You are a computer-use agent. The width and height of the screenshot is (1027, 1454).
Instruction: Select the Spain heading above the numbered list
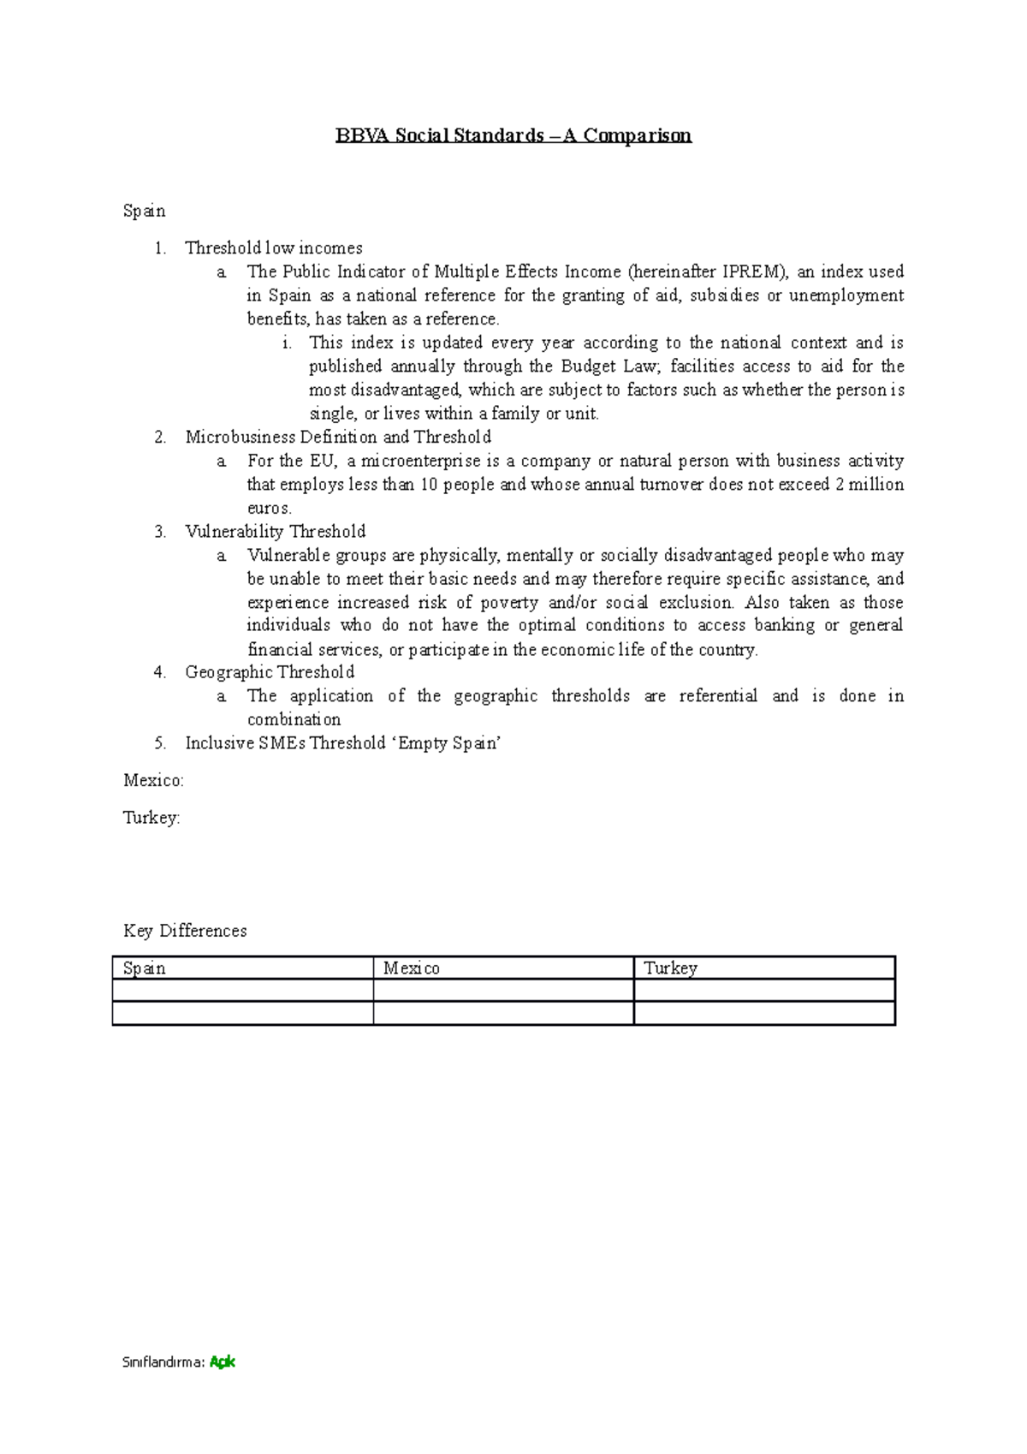point(144,211)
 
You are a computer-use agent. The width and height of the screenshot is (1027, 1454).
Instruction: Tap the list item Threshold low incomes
point(274,248)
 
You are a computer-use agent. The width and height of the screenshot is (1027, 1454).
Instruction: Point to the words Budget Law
point(608,366)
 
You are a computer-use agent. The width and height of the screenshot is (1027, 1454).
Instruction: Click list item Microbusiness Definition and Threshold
point(338,437)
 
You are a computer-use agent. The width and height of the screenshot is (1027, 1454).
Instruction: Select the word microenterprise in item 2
point(420,461)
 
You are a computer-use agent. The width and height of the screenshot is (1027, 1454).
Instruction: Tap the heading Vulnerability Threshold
point(276,532)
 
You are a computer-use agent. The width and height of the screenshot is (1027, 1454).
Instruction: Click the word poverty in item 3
point(509,603)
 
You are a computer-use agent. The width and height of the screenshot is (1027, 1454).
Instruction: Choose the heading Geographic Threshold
point(270,672)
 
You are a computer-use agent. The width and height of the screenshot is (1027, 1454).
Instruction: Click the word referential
point(718,696)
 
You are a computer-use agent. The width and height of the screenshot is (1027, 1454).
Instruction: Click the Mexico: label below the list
point(153,781)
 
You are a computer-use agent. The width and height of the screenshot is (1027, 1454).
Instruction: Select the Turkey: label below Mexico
point(151,818)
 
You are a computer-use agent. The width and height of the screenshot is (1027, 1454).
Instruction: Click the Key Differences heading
point(185,931)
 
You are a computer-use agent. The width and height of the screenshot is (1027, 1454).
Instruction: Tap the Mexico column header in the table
point(412,968)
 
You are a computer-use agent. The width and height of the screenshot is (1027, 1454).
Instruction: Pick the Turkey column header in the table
point(670,968)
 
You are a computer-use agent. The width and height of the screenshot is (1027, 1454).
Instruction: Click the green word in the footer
point(223,1362)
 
